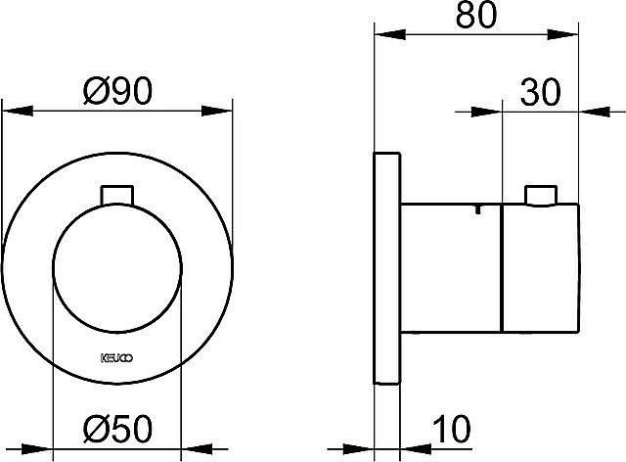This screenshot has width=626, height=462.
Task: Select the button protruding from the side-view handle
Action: [x=540, y=196]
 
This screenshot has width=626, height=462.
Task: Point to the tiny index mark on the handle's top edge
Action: [x=476, y=208]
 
